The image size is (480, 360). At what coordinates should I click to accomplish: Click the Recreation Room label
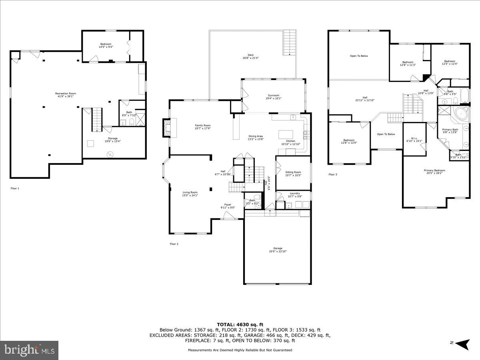(x=66, y=94)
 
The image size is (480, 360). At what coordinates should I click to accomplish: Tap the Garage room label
(x=278, y=248)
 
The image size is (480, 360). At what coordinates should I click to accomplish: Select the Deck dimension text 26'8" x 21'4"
(x=250, y=58)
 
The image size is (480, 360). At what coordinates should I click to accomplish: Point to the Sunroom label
(x=274, y=96)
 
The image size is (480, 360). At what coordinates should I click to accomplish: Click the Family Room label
(x=202, y=125)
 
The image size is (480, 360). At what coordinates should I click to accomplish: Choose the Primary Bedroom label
(x=434, y=170)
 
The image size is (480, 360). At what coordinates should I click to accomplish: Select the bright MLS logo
(x=30, y=350)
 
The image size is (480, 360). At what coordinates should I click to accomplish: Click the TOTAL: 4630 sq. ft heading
(x=240, y=324)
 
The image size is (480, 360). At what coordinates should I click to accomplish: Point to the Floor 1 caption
(x=15, y=188)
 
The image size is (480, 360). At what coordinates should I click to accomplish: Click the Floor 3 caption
(x=333, y=174)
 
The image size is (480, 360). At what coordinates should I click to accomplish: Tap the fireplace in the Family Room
(x=167, y=128)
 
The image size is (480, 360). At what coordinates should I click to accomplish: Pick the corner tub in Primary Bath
(x=460, y=114)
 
